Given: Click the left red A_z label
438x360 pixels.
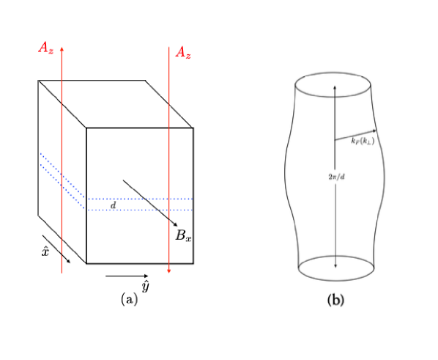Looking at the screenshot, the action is pyautogui.click(x=46, y=48).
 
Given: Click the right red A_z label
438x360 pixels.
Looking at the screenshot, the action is pyautogui.click(x=183, y=53).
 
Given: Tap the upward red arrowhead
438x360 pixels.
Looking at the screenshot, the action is pyautogui.click(x=62, y=49).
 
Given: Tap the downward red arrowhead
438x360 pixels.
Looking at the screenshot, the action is pyautogui.click(x=168, y=271).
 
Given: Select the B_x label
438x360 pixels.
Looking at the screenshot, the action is pyautogui.click(x=184, y=235).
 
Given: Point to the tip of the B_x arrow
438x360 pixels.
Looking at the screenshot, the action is pyautogui.click(x=177, y=226).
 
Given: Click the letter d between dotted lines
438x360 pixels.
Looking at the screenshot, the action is pyautogui.click(x=113, y=205).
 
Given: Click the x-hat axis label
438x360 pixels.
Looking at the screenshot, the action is pyautogui.click(x=45, y=251).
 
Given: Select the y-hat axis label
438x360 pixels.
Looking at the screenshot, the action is pyautogui.click(x=145, y=287).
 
